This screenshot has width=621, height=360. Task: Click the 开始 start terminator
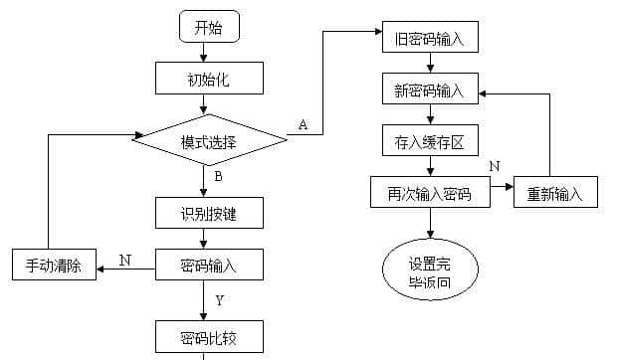coord(208,27)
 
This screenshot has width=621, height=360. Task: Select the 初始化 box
coord(209,79)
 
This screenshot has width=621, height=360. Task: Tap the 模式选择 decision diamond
coord(209,141)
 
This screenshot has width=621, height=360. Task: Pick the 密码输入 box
coord(209,265)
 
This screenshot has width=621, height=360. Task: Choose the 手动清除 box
coord(53,265)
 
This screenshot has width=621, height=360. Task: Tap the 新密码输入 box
coord(430,90)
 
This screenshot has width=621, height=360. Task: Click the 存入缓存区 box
coord(430,142)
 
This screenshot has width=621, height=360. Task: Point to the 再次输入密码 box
coord(430,192)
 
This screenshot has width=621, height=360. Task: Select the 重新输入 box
coord(555,192)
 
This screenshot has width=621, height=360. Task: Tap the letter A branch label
coord(303,124)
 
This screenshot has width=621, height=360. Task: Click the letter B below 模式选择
coord(218,177)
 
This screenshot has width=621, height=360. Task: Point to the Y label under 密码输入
coord(219,299)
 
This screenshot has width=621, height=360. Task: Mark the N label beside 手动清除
coord(124,259)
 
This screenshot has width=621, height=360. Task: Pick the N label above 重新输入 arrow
coord(495,165)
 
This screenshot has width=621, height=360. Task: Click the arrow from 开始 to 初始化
coord(208,53)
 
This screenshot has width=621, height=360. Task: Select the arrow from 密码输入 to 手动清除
coord(124,267)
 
